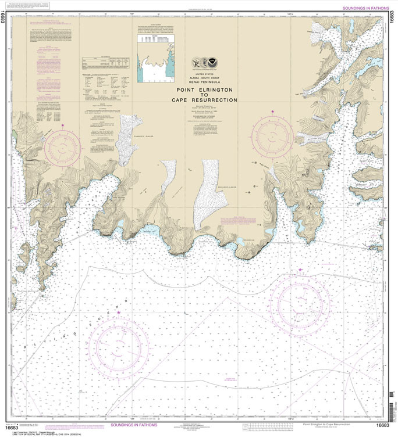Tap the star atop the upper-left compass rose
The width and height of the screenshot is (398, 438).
(x=62, y=125)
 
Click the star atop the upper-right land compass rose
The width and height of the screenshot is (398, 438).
(x=272, y=110)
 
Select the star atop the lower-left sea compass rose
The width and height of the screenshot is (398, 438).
(x=119, y=313)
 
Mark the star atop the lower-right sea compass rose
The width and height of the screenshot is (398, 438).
(x=300, y=270)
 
